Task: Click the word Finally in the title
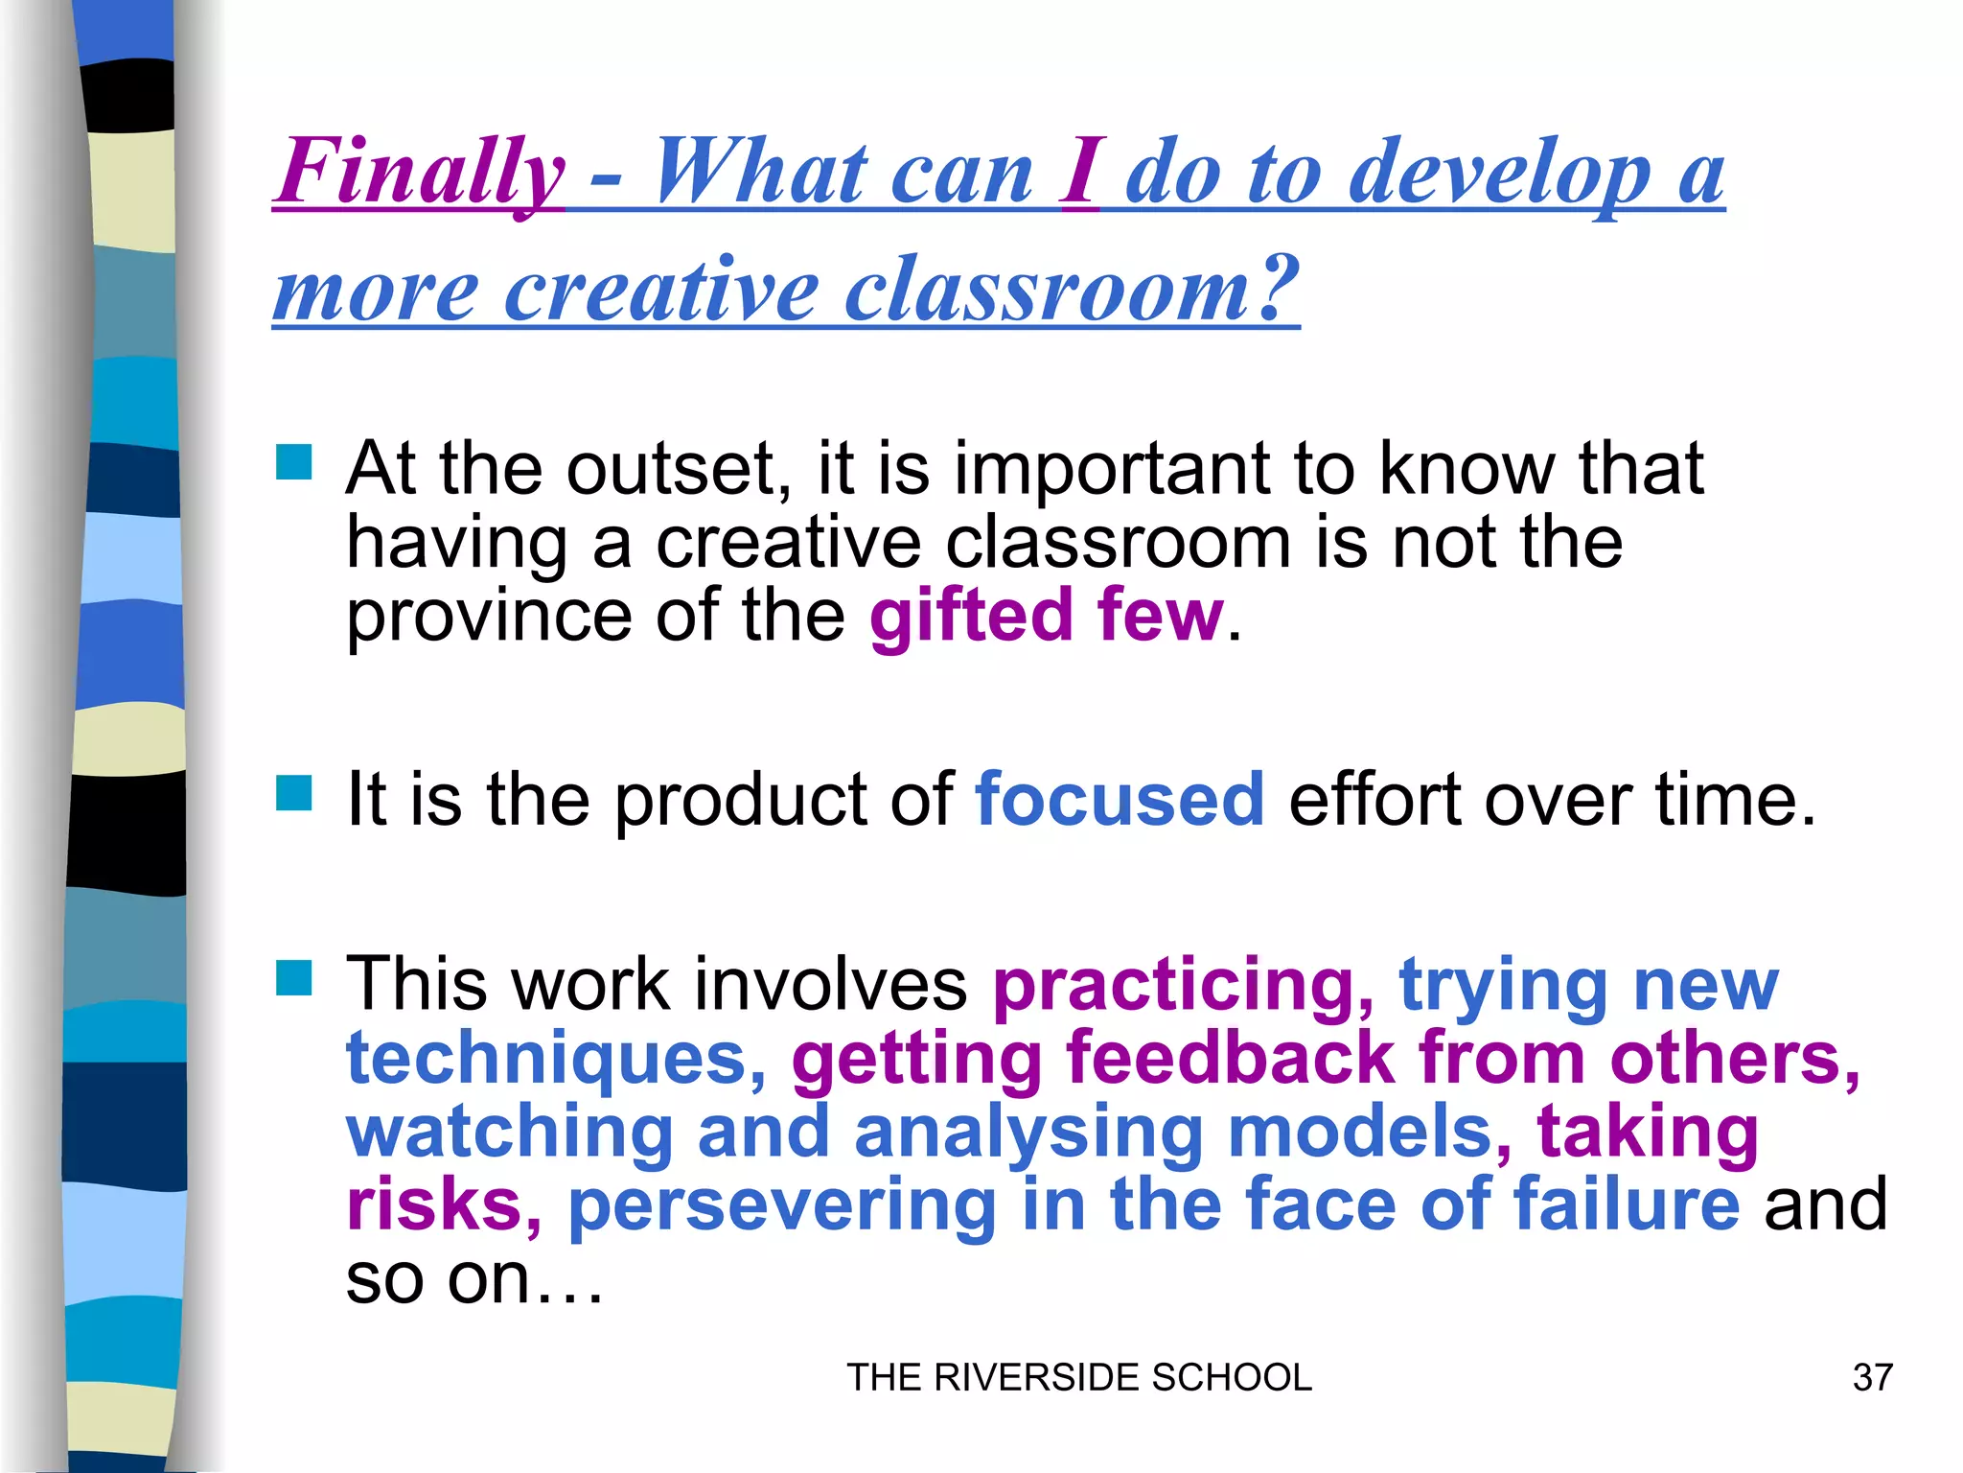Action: point(420,173)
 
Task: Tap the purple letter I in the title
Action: point(1080,173)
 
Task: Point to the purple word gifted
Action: point(971,616)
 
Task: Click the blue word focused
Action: point(1120,799)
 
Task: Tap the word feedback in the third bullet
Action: point(1231,1058)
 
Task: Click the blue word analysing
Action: point(1028,1133)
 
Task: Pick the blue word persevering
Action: point(782,1204)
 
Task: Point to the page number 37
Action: point(1872,1378)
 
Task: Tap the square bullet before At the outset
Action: point(294,462)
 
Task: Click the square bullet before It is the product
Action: point(294,794)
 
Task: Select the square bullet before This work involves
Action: point(294,979)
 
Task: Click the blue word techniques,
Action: point(556,1058)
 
